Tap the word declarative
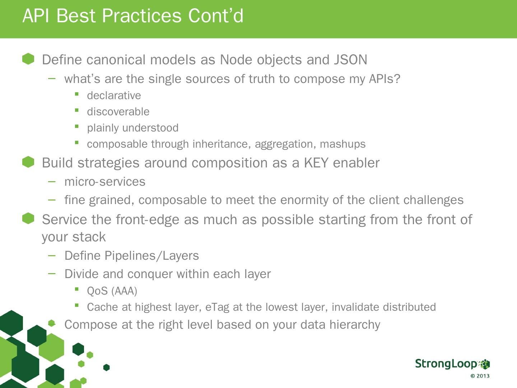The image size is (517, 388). pos(114,96)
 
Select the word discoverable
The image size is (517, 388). pos(118,111)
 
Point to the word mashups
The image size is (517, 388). pos(343,144)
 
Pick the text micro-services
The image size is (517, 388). pos(105,182)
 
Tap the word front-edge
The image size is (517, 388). pos(148,220)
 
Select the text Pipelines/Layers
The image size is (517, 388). pos(152,256)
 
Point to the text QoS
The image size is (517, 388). pos(97,291)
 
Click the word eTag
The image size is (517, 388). pos(217,307)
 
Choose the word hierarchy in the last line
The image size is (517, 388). pos(355,325)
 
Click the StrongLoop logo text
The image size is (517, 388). pos(446,364)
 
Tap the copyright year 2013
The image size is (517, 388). pos(483,376)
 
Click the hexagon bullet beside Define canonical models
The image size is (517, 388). pos(28,59)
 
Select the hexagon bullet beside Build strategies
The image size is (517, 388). pos(28,162)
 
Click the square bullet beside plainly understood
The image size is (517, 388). pos(76,126)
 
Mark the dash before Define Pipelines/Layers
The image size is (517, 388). pos(52,255)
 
